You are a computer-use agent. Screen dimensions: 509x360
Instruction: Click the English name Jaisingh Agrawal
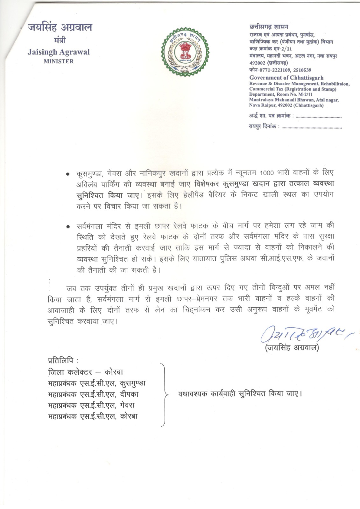tap(59, 52)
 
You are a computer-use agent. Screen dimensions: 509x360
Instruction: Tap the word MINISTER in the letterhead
tap(59, 61)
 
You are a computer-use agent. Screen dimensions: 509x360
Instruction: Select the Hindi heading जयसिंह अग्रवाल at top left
tap(60, 28)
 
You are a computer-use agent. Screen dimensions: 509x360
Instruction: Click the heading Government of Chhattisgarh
tap(286, 78)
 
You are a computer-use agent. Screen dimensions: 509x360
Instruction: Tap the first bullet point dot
tap(67, 174)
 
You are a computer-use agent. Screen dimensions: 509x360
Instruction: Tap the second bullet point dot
tap(67, 227)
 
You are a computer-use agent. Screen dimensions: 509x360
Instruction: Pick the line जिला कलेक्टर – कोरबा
tap(85, 372)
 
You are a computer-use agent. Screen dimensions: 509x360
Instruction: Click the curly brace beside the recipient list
tap(165, 394)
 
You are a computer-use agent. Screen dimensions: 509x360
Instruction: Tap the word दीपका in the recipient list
tap(130, 394)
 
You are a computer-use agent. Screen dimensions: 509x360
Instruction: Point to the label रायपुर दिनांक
tap(264, 127)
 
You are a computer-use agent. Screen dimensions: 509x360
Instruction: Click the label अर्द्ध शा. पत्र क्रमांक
tap(270, 116)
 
